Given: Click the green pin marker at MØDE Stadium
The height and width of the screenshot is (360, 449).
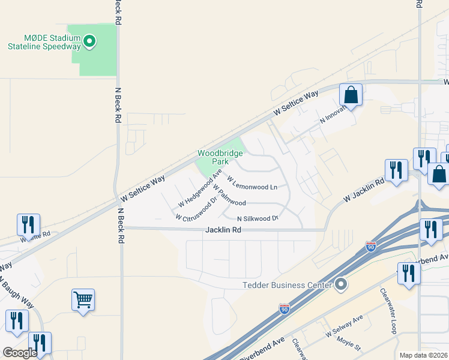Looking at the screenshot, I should [x=89, y=41].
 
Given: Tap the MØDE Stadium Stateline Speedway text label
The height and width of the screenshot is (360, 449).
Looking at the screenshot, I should [x=44, y=41].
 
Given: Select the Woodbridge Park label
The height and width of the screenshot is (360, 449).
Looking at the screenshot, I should [x=220, y=157].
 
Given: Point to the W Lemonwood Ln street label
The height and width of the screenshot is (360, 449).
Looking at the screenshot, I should [x=252, y=183].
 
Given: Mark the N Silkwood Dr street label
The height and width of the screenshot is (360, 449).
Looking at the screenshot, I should [x=259, y=218].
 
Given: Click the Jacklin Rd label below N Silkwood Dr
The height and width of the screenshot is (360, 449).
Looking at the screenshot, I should [x=223, y=229].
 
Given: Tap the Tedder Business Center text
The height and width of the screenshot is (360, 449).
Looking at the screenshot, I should [x=287, y=285].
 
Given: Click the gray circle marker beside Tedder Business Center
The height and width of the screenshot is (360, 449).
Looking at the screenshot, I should [x=342, y=284].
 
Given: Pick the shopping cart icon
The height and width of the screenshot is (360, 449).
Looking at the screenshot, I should [x=83, y=299].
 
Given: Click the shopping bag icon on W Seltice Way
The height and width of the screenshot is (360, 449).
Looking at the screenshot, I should [x=351, y=95].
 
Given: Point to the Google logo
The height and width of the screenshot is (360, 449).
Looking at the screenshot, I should [x=20, y=353].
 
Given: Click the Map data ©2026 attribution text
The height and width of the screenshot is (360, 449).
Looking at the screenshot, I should [x=423, y=355].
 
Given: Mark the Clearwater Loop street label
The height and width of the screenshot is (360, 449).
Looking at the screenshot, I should [x=388, y=311].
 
